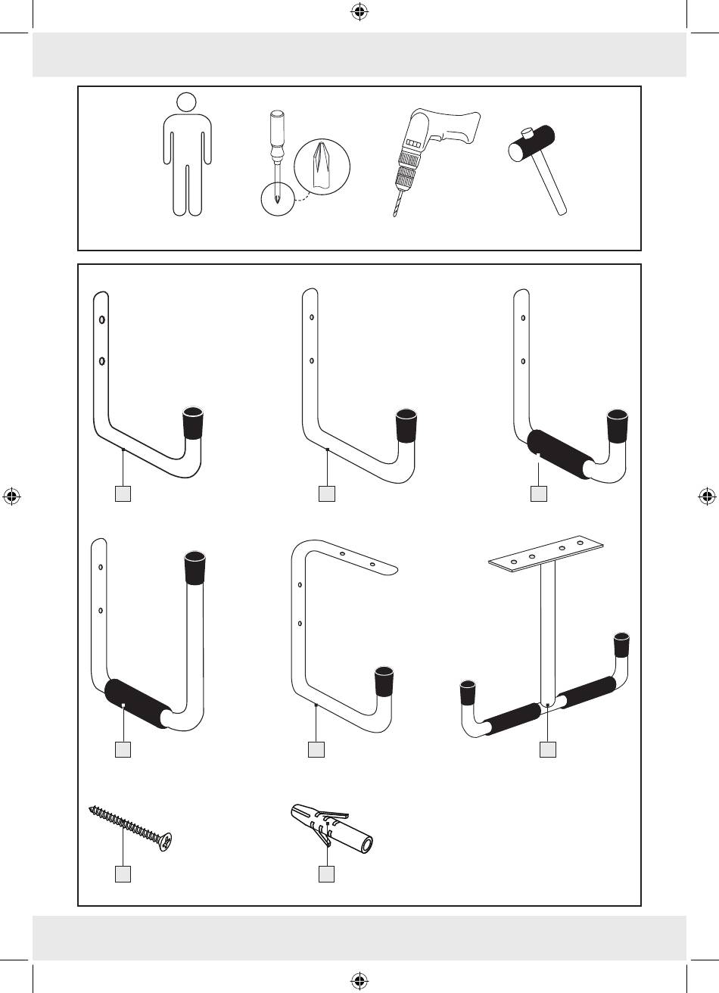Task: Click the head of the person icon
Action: click(x=186, y=102)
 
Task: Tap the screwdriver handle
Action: click(x=275, y=131)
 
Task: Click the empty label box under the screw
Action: click(x=123, y=873)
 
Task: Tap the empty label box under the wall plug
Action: click(x=326, y=873)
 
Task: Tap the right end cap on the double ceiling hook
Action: click(x=621, y=643)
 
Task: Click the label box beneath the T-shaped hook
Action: click(x=548, y=749)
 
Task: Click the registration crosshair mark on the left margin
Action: click(x=11, y=496)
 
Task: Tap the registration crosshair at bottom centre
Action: click(x=359, y=982)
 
